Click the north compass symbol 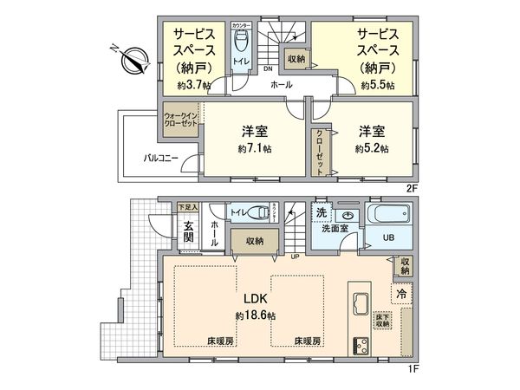click(133, 61)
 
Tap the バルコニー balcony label click(160, 158)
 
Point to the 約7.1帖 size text click(254, 149)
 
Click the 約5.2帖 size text click(371, 149)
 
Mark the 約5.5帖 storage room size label click(378, 85)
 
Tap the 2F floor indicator click(412, 186)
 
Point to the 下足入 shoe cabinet click(188, 207)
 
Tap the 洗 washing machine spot click(322, 213)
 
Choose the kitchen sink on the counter click(360, 305)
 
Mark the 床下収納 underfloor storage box click(382, 322)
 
